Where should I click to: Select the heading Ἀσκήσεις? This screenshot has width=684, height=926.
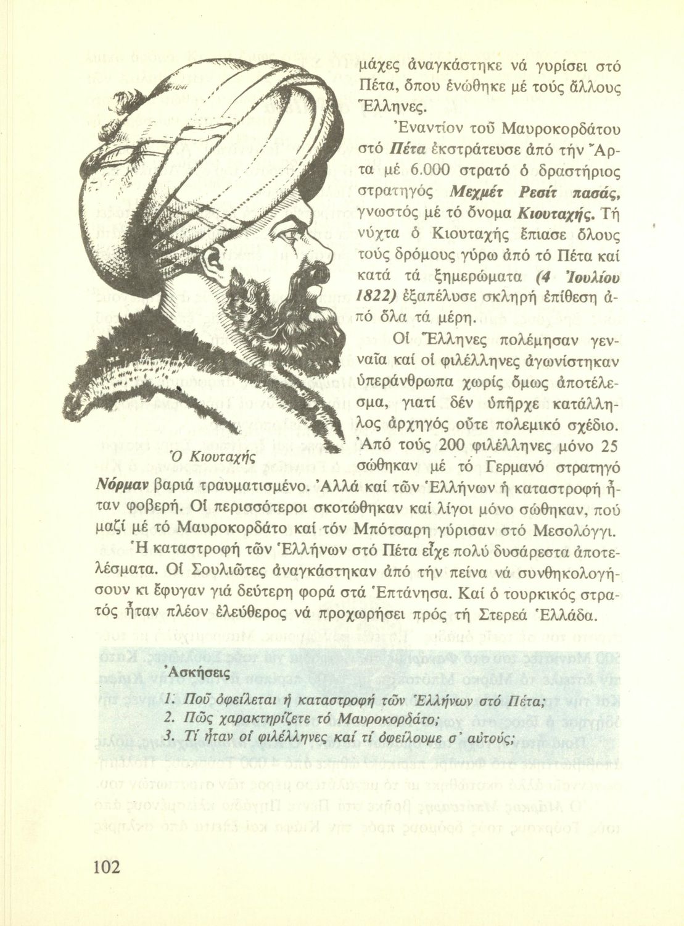[x=196, y=672]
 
